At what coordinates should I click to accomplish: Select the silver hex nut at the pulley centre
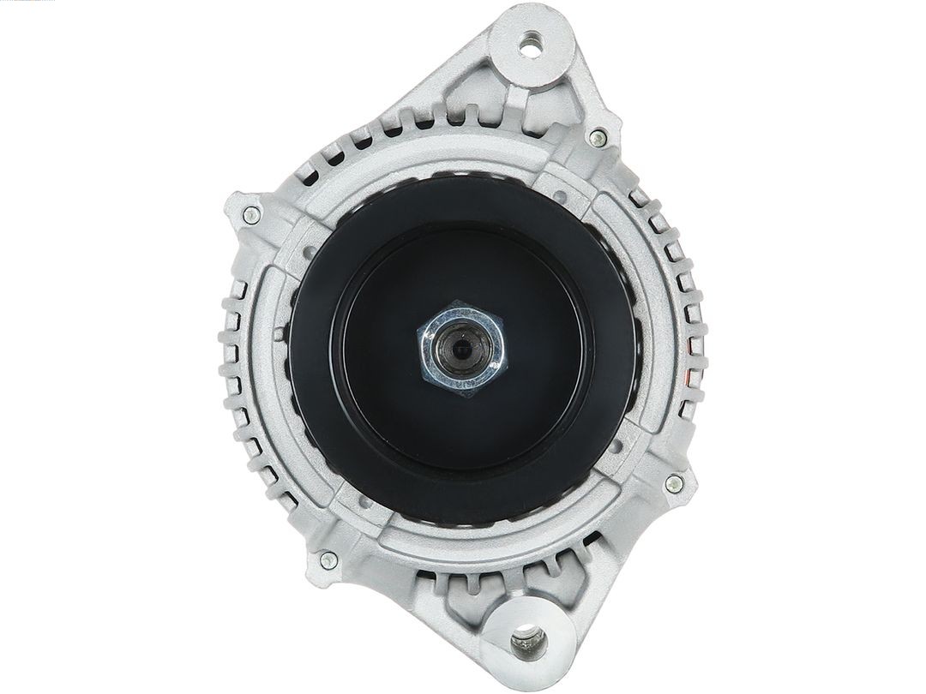(x=462, y=350)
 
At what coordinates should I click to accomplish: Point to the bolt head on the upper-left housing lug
(x=250, y=215)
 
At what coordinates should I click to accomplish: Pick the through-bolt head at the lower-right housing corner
(x=674, y=483)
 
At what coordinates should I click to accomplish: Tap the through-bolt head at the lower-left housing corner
(x=328, y=561)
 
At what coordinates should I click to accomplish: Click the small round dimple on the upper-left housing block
(x=310, y=248)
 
